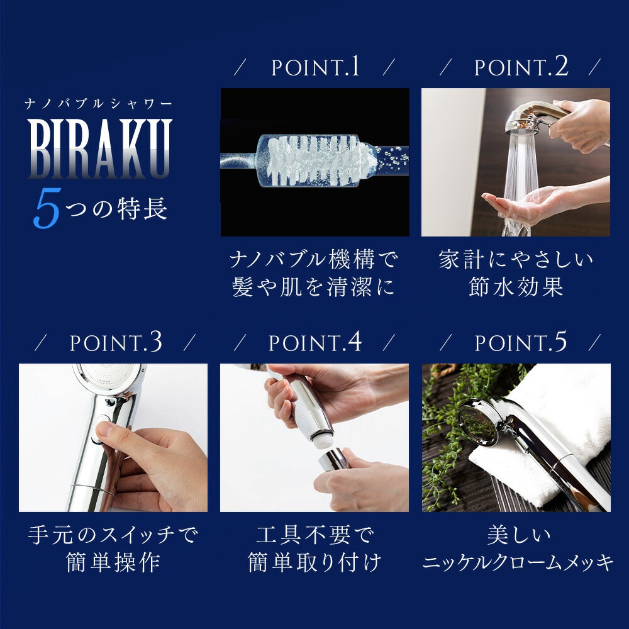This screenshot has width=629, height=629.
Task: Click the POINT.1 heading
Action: coord(315,67)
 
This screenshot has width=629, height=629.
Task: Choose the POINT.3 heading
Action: coord(115,343)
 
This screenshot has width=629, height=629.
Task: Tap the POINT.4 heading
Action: coord(315,343)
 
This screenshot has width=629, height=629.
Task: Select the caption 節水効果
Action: coord(516,287)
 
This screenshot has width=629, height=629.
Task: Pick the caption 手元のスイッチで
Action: coord(113,535)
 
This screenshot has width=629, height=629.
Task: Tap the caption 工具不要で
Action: coord(314,535)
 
